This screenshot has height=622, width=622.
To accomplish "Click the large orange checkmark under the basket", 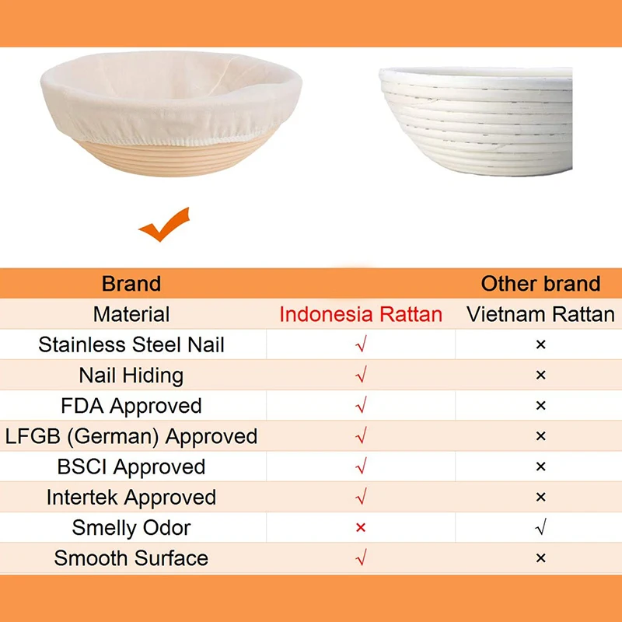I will [x=165, y=225].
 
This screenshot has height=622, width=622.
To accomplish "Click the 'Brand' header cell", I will [x=131, y=284].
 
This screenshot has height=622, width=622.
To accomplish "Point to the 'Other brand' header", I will [x=540, y=284].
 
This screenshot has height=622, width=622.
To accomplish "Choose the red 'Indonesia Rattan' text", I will [x=361, y=314].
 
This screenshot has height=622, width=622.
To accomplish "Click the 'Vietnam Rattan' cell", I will [x=540, y=314].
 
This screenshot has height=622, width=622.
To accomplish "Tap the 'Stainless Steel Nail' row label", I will [x=131, y=344].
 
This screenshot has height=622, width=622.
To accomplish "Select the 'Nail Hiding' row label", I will [x=131, y=376].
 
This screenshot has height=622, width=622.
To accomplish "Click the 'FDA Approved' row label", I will [x=131, y=406].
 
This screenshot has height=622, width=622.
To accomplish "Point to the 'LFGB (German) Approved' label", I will [x=131, y=436].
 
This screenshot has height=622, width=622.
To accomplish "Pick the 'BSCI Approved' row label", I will [x=131, y=466].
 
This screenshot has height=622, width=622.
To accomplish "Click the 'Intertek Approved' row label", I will [x=131, y=497].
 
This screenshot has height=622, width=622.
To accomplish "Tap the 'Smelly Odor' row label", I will [x=131, y=528].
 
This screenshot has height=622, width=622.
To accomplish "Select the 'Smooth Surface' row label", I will [x=131, y=558].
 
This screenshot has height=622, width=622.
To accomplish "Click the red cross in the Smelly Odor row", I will [x=361, y=528].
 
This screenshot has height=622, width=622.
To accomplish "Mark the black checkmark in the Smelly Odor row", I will [x=541, y=528].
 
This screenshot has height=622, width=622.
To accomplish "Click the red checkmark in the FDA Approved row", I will [x=361, y=406].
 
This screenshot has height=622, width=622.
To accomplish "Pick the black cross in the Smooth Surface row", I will [x=541, y=558].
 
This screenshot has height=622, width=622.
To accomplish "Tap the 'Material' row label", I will [x=131, y=314].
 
